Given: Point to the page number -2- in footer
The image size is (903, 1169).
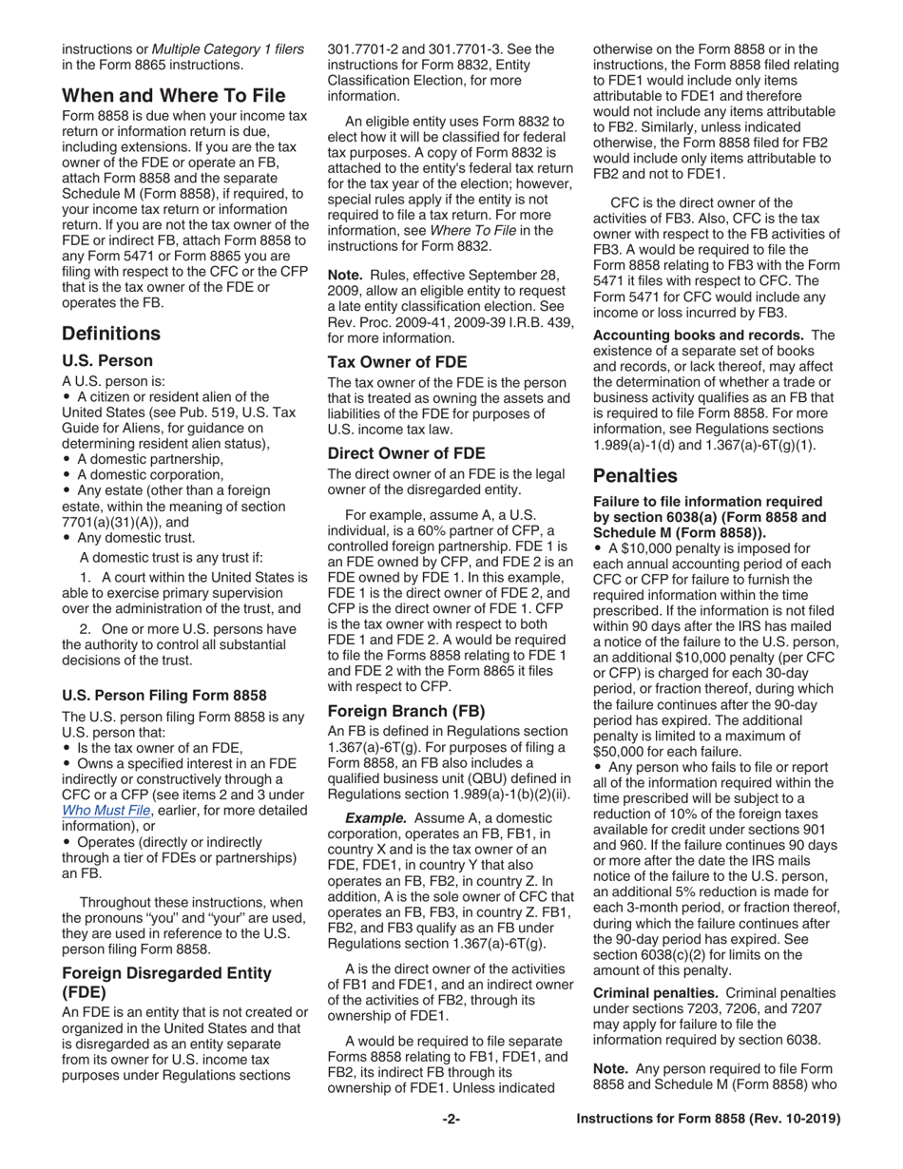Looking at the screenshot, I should pyautogui.click(x=451, y=1147).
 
